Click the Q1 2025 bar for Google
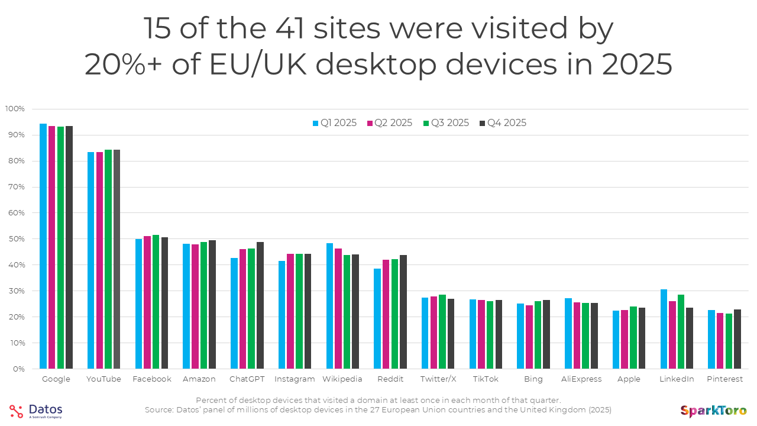pyautogui.click(x=43, y=246)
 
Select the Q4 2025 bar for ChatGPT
pyautogui.click(x=260, y=305)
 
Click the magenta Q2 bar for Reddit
pyautogui.click(x=386, y=314)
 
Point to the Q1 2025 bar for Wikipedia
pyautogui.click(x=329, y=306)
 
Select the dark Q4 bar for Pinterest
pyautogui.click(x=737, y=339)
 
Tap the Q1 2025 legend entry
pyautogui.click(x=334, y=123)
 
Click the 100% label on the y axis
pyautogui.click(x=15, y=109)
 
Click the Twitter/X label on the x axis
pyautogui.click(x=438, y=379)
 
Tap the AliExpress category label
pyautogui.click(x=581, y=379)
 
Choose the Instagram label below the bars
pyautogui.click(x=295, y=379)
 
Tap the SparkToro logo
pyautogui.click(x=713, y=411)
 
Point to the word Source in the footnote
pyautogui.click(x=160, y=409)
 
